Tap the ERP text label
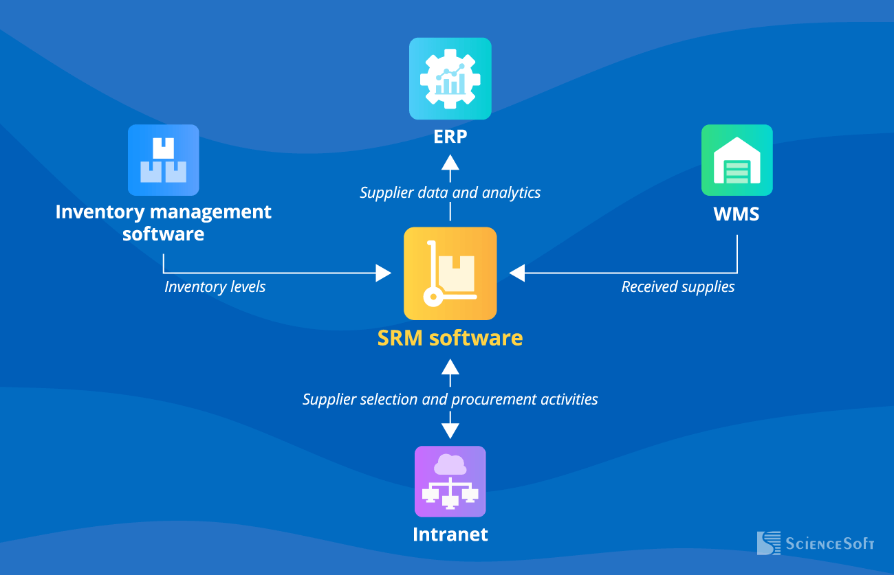tap(450, 136)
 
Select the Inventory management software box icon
tap(163, 160)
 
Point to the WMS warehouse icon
tap(737, 160)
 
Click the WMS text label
tap(737, 214)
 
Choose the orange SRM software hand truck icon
tap(450, 273)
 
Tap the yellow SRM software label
tap(450, 338)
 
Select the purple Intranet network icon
tap(450, 482)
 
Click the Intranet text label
tap(450, 534)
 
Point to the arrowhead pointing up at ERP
tap(450, 162)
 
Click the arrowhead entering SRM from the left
tap(383, 273)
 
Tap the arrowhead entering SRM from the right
tap(517, 273)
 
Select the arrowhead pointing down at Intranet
tap(450, 431)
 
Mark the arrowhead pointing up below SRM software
tap(450, 366)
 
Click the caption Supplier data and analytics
tap(450, 192)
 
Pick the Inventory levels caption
tap(215, 286)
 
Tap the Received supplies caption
tap(677, 286)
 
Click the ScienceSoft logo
tap(815, 543)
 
